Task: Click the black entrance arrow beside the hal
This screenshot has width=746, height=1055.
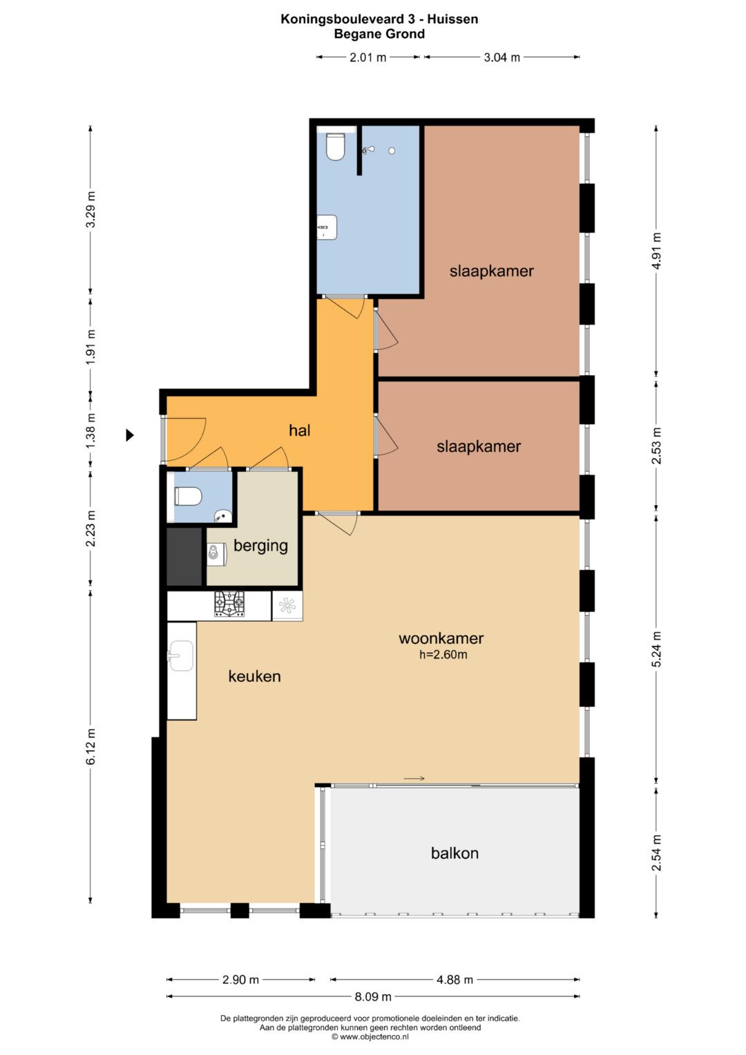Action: click(x=130, y=435)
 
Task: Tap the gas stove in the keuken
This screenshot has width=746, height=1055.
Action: click(x=229, y=605)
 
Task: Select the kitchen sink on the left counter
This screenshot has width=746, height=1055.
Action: click(x=181, y=655)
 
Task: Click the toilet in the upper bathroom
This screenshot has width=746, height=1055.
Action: click(x=336, y=146)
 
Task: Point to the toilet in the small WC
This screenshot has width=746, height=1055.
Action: click(x=188, y=497)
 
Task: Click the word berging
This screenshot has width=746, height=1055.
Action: click(x=260, y=546)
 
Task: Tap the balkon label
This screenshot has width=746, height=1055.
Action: click(x=455, y=853)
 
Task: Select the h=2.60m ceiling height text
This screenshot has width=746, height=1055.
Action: click(x=443, y=654)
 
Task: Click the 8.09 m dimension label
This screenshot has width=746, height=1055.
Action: click(x=373, y=996)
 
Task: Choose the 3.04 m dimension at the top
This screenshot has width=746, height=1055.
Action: click(x=501, y=57)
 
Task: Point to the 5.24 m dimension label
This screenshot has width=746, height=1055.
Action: click(x=658, y=649)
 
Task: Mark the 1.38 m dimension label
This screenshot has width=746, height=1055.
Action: click(x=91, y=430)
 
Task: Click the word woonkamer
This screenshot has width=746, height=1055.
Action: click(x=441, y=638)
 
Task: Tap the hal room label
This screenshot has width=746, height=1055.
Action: click(x=300, y=430)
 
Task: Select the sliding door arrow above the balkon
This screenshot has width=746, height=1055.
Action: click(x=414, y=778)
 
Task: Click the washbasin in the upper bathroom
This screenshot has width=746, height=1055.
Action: click(x=328, y=227)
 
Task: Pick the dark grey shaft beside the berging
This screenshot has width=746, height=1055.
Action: click(x=184, y=557)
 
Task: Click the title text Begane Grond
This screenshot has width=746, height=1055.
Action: click(x=379, y=34)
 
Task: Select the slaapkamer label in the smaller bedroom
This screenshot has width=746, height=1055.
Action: click(x=479, y=446)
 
